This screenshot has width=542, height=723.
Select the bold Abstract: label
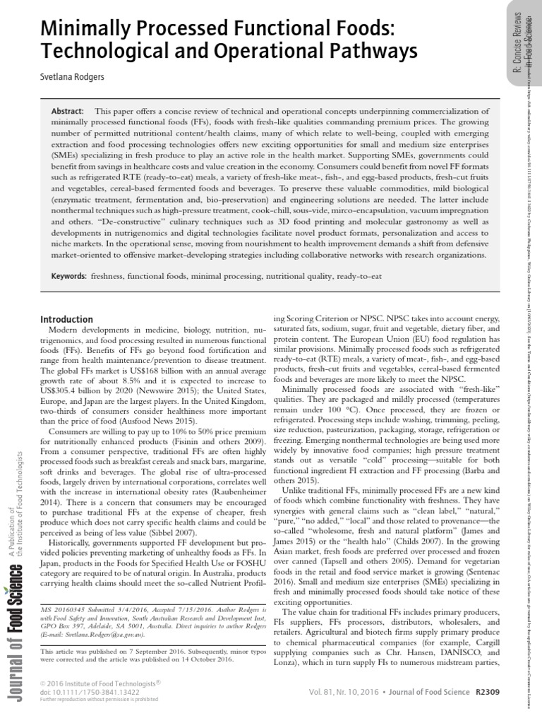[68, 112]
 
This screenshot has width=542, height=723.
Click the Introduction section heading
[66, 319]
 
